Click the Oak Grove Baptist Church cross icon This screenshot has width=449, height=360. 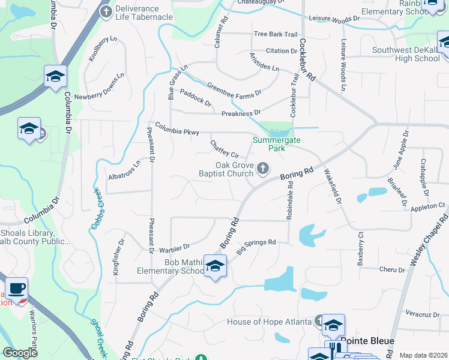(x=262, y=169)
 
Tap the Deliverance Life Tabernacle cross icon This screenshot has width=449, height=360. (x=106, y=11)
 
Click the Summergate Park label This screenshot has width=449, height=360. (x=276, y=143)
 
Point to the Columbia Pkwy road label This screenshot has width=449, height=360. (x=176, y=128)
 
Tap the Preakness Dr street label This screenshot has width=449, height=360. (x=241, y=113)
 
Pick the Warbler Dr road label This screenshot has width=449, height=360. (x=174, y=247)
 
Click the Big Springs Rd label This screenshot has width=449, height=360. (x=256, y=246)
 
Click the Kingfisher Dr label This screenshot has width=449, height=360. (x=118, y=257)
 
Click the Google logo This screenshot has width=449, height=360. (x=20, y=353)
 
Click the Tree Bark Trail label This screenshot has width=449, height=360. (x=276, y=34)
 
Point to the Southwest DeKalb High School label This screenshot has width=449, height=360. (x=406, y=54)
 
